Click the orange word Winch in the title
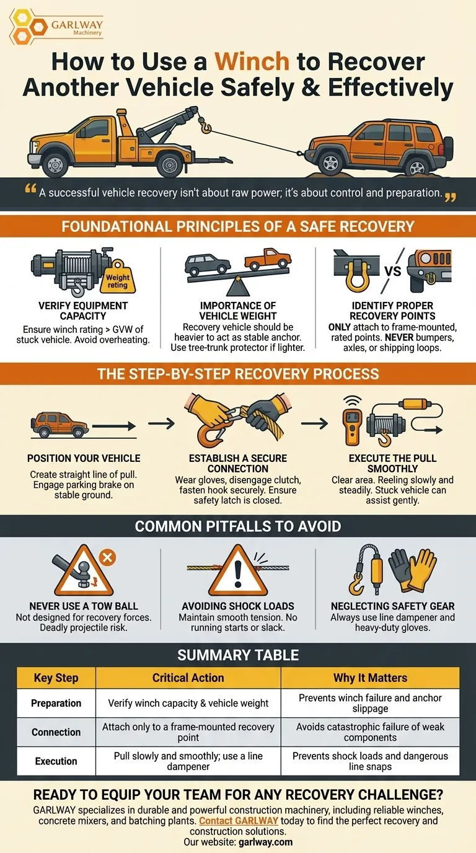252,61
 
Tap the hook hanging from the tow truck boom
206,126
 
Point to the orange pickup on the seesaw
268,259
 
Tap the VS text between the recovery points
392,271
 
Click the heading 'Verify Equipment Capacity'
83,311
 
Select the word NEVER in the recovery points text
400,337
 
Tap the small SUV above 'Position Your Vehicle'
59,425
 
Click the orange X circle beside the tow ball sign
107,558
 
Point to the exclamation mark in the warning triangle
238,572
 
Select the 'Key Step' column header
56,678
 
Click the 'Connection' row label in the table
56,732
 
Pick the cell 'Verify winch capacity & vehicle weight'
188,703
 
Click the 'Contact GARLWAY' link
239,821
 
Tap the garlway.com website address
265,842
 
